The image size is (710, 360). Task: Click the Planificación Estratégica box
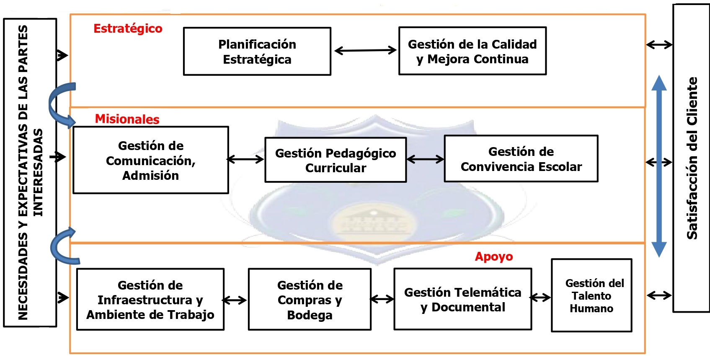(257, 52)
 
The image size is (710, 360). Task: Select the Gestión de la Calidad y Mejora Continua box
(472, 51)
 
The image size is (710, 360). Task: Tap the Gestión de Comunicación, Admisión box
(151, 160)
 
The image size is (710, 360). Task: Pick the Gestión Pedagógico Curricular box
(336, 160)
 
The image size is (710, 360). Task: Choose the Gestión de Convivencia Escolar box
(521, 159)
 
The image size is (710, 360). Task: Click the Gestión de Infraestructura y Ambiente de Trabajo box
(150, 299)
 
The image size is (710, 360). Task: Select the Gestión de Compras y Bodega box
(310, 299)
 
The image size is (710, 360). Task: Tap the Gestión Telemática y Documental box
(462, 299)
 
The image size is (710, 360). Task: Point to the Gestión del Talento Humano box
(591, 295)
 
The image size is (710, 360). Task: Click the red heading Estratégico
(128, 28)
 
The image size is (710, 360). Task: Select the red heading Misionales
(127, 119)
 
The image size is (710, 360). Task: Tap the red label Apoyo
(493, 256)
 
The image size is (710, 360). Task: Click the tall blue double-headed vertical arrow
(659, 166)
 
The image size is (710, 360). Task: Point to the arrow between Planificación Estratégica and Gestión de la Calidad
(365, 51)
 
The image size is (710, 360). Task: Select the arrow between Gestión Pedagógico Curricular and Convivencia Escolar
(425, 159)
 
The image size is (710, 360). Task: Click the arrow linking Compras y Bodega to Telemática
(382, 299)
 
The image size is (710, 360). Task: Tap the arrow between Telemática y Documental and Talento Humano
(541, 298)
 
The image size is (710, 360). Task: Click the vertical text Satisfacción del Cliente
(692, 158)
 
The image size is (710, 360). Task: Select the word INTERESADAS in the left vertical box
(38, 172)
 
